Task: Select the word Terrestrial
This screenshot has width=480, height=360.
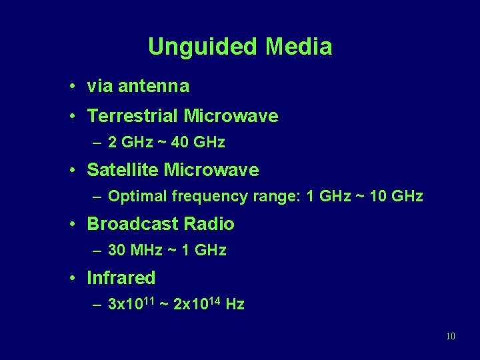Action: pos(133,116)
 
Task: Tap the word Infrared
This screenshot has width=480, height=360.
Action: pos(121,278)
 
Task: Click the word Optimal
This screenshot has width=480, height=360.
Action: pos(137,196)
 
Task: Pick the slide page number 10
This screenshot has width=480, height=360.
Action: pos(451,336)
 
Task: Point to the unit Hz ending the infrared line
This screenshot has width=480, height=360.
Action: pos(235,305)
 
